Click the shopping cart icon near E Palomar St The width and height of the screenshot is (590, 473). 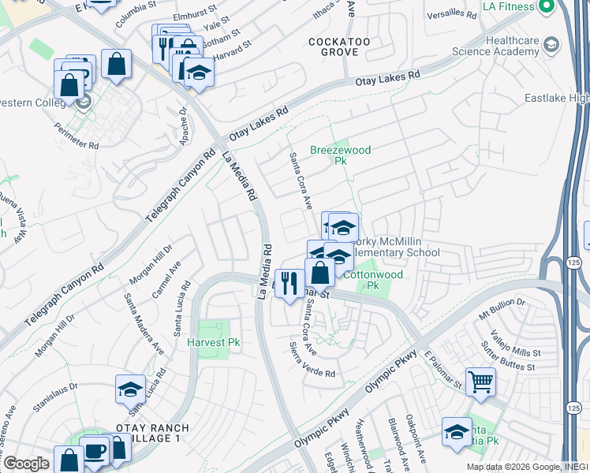pos(480,382)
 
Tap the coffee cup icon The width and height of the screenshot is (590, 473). pos(95,452)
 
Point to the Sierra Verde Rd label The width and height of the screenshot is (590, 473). pos(312,359)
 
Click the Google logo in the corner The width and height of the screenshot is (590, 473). pos(25,463)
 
